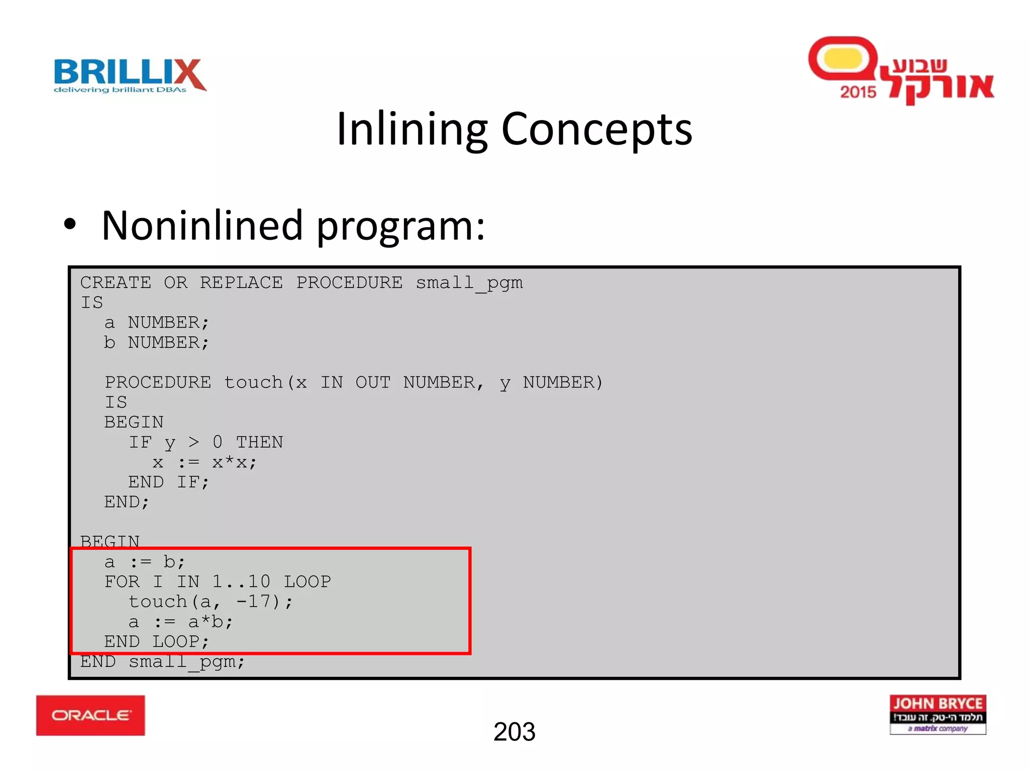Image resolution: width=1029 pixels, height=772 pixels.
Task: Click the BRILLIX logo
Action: tap(130, 75)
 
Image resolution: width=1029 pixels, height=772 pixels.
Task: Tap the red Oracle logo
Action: tap(90, 715)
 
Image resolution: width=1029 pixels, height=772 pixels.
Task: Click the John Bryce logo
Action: tap(938, 714)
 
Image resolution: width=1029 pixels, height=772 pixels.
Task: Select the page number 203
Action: tap(514, 732)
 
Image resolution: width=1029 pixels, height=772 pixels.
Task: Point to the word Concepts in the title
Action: tap(596, 129)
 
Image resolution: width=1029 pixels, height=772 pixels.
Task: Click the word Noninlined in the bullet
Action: tap(202, 226)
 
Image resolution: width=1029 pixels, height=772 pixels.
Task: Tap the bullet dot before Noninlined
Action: tap(70, 225)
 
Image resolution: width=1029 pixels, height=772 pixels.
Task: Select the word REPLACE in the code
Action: tap(241, 283)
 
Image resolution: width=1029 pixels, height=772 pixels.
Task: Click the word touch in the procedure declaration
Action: tap(253, 383)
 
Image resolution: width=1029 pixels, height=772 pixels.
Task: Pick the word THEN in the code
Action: tap(259, 443)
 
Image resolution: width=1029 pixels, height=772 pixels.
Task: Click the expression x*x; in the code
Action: tap(234, 462)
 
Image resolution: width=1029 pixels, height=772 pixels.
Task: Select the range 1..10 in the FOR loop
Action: tap(241, 582)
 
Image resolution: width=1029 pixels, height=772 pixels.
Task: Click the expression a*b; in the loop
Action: tap(211, 622)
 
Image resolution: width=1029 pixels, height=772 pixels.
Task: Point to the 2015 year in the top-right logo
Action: tap(858, 92)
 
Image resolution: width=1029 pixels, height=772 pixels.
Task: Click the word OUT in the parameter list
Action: tap(373, 383)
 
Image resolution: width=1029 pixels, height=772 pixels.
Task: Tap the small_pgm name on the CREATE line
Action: tap(469, 283)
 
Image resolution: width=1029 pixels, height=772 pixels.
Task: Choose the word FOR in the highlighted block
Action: tap(122, 582)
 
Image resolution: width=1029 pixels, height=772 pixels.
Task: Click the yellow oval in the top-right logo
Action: tap(843, 59)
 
